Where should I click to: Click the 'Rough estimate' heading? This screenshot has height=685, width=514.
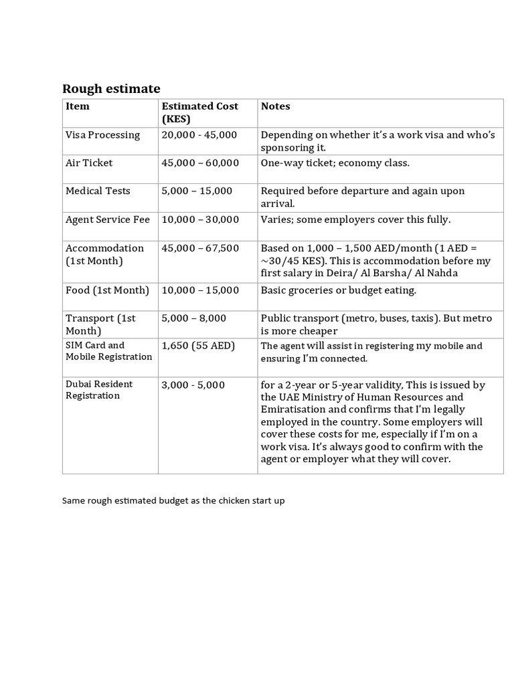pyautogui.click(x=111, y=88)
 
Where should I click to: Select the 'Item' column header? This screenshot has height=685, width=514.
pyautogui.click(x=77, y=106)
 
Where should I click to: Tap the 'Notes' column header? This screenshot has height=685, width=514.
pyautogui.click(x=275, y=106)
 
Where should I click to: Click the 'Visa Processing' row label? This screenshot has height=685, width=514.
pyautogui.click(x=102, y=134)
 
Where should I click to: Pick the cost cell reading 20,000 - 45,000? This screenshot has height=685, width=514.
pyautogui.click(x=199, y=134)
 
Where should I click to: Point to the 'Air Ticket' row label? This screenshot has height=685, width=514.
pyautogui.click(x=89, y=163)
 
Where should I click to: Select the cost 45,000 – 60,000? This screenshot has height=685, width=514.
pyautogui.click(x=200, y=163)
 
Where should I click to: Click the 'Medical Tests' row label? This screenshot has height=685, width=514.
pyautogui.click(x=98, y=191)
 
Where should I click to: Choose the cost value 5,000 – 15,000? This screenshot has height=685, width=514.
pyautogui.click(x=197, y=191)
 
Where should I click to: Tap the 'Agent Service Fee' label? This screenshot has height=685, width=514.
pyautogui.click(x=107, y=219)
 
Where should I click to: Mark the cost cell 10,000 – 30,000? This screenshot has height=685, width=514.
pyautogui.click(x=200, y=219)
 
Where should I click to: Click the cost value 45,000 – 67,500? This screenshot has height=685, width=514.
pyautogui.click(x=200, y=248)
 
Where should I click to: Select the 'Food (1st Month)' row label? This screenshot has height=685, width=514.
pyautogui.click(x=107, y=290)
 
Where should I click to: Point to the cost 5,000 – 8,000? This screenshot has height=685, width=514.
pyautogui.click(x=193, y=318)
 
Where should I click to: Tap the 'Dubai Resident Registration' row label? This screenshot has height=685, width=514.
pyautogui.click(x=99, y=389)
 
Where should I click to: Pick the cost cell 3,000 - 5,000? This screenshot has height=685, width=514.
pyautogui.click(x=193, y=385)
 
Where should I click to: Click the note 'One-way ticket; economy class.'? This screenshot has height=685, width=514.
pyautogui.click(x=335, y=163)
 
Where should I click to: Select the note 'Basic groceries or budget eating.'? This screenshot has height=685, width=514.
pyautogui.click(x=339, y=290)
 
